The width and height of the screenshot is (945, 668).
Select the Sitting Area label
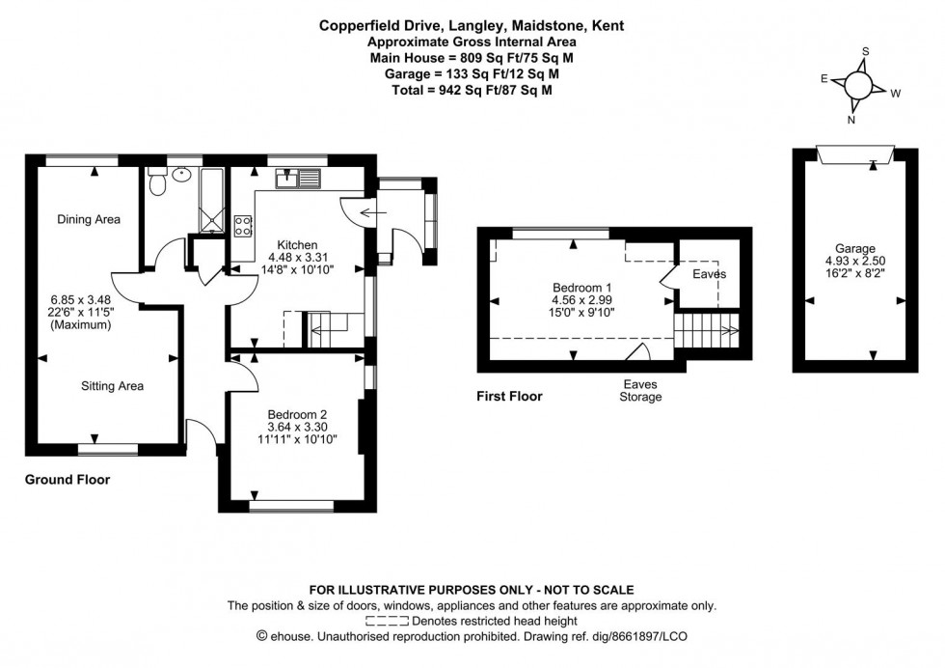coord(111,386)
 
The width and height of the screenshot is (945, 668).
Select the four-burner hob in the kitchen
coord(244,226)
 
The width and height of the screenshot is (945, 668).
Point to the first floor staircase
coord(708,333)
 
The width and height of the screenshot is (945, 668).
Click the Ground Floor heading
coord(67,480)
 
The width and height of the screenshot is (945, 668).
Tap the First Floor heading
coord(509,396)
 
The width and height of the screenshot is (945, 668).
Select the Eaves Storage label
coord(640,390)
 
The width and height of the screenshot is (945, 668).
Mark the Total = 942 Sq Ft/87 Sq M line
coord(472,89)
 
